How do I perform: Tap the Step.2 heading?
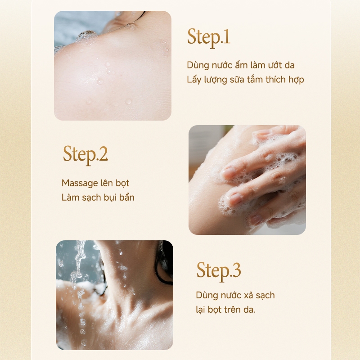pyautogui.click(x=85, y=154)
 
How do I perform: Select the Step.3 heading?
pyautogui.click(x=219, y=271)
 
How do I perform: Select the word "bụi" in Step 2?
pyautogui.click(x=110, y=198)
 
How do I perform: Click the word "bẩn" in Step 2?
pyautogui.click(x=126, y=197)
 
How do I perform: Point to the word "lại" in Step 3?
pyautogui.click(x=200, y=310)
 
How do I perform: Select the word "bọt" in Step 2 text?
pyautogui.click(x=122, y=184)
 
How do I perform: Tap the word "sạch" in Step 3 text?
pyautogui.click(x=265, y=296)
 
